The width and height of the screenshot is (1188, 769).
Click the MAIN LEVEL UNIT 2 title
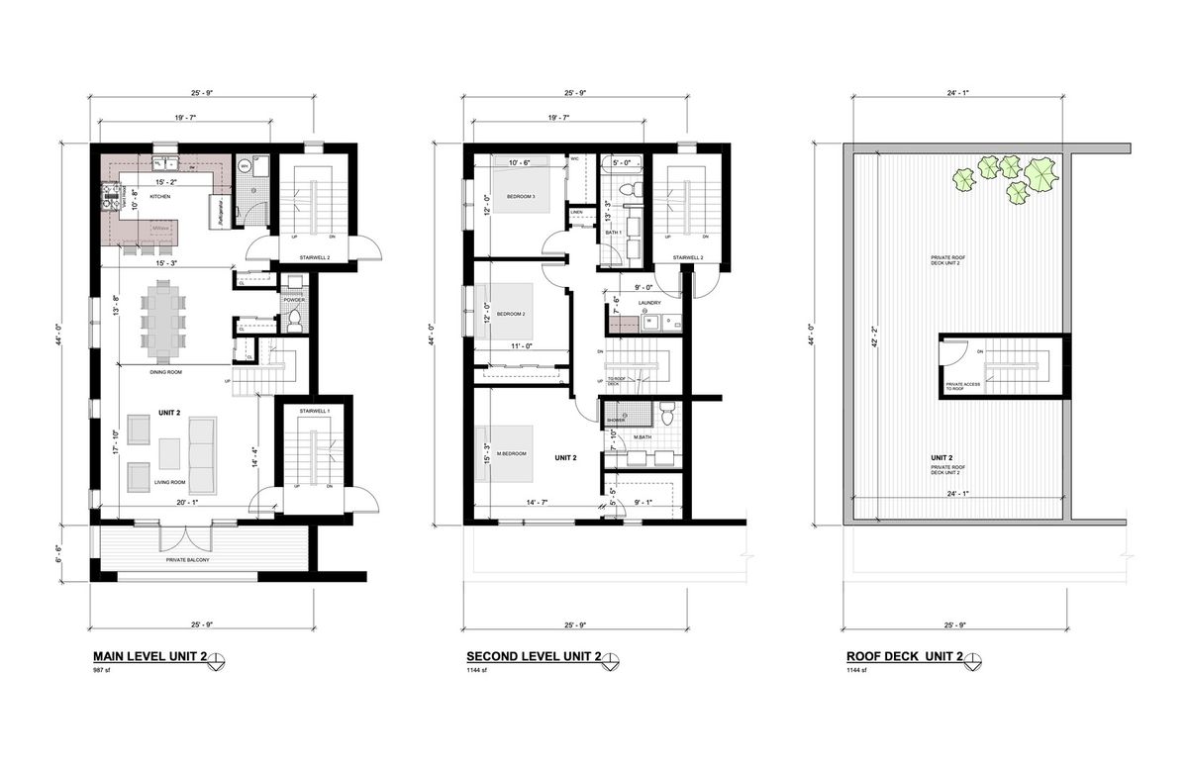point(148,657)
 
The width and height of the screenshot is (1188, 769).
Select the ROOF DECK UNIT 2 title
point(903,657)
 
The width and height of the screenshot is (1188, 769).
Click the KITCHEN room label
point(160,197)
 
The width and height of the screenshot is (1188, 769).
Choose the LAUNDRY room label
point(649,304)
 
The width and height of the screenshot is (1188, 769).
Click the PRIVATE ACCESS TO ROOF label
point(963,386)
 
